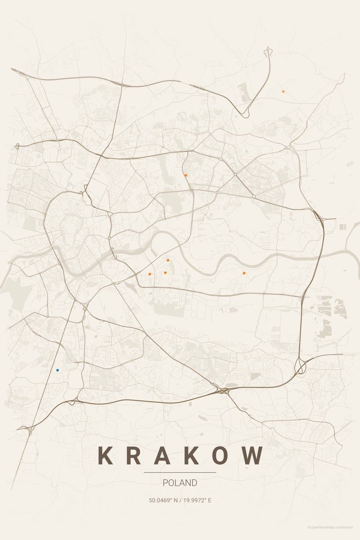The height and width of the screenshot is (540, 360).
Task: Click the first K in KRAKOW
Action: (105, 455)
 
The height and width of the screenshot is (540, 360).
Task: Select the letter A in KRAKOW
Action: (164, 455)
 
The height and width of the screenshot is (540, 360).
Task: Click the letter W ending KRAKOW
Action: (254, 455)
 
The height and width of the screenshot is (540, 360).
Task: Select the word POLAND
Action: (180, 483)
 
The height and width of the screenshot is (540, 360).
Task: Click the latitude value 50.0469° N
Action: (163, 500)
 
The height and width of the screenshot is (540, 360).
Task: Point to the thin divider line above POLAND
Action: (180, 472)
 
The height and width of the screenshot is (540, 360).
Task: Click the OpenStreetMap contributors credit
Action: (331, 527)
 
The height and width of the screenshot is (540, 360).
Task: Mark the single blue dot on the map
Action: (58, 370)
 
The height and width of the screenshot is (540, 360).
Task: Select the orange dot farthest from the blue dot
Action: (283, 91)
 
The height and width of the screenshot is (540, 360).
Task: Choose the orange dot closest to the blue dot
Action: (150, 274)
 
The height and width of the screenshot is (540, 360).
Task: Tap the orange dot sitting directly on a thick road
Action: (185, 175)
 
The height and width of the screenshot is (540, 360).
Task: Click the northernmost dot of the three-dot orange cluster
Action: (168, 260)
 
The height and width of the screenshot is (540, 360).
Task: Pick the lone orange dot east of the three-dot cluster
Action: (244, 273)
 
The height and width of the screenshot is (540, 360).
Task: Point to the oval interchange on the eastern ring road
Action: (300, 368)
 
